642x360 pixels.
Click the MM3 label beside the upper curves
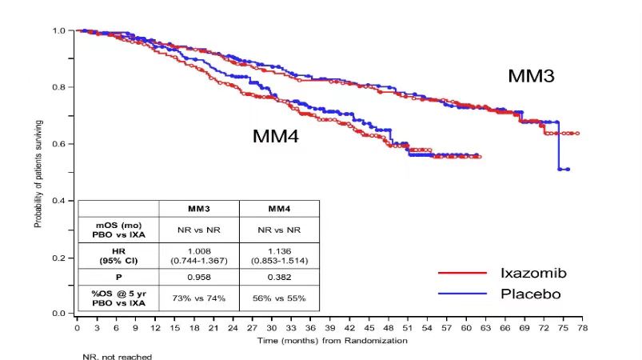click(x=531, y=77)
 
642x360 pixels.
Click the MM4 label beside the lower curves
click(x=276, y=136)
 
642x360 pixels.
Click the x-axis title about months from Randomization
click(x=332, y=341)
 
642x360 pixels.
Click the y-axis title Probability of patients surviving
click(x=38, y=172)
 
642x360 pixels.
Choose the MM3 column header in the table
click(x=199, y=209)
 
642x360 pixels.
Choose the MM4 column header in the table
click(x=278, y=209)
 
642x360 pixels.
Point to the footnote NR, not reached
click(x=117, y=356)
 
